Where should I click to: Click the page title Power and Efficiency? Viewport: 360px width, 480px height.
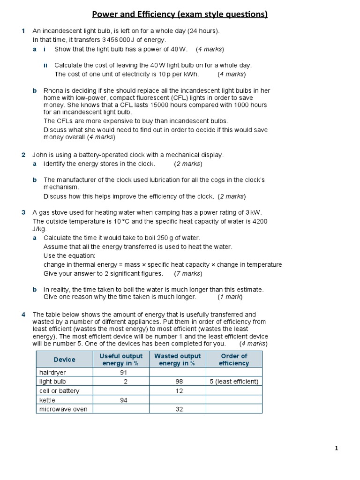coord(180,15)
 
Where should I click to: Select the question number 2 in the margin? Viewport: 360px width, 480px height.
coord(23,155)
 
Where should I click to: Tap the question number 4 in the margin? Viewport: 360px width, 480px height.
coord(23,315)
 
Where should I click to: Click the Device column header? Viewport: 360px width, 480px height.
coord(65,360)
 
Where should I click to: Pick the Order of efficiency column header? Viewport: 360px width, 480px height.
coord(234,360)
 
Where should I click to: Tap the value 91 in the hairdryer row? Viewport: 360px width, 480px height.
coord(124,372)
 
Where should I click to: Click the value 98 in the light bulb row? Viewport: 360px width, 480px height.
coord(179,382)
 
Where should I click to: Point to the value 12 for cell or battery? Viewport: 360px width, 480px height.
coord(179,391)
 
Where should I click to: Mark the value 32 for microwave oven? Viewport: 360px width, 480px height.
coord(179,409)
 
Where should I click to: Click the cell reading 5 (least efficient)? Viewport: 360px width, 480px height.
coord(234,382)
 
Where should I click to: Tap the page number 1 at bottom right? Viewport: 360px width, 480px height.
coord(337,448)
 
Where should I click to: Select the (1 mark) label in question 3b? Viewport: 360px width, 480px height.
coord(230,297)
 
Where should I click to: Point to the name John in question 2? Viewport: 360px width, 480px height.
coord(40,155)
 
